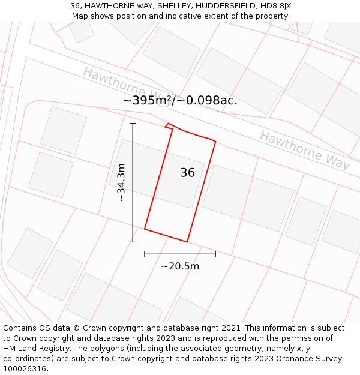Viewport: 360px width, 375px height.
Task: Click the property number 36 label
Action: click(x=187, y=173)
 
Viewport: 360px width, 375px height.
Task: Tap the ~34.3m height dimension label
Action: click(x=121, y=182)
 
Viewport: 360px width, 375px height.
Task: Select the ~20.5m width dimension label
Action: click(x=180, y=266)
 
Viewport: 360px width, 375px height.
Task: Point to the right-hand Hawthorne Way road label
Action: click(x=305, y=150)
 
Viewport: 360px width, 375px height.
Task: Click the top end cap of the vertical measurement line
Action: click(x=133, y=124)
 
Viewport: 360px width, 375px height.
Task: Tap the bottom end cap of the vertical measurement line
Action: click(x=133, y=242)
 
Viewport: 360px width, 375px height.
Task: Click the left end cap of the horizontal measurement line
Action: click(x=145, y=254)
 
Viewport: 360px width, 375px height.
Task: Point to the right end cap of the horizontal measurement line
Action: click(x=215, y=254)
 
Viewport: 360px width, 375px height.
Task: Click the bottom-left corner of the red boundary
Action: click(x=145, y=229)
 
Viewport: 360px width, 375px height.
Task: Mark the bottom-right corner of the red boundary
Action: click(x=187, y=242)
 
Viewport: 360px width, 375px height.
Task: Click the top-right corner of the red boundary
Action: click(x=215, y=142)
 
